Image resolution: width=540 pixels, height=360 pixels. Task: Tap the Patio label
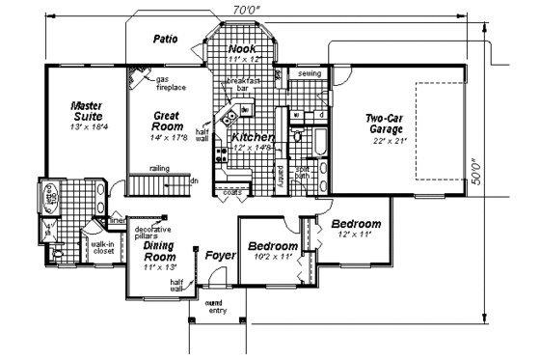[170, 39]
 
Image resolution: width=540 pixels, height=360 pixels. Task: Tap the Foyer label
[221, 256]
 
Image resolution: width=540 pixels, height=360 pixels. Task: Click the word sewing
[309, 72]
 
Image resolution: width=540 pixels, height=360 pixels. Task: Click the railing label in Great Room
[160, 168]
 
